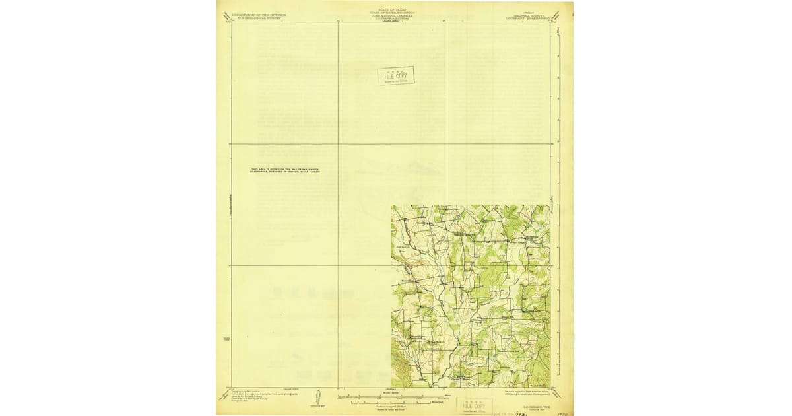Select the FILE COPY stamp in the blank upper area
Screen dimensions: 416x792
click(396, 76)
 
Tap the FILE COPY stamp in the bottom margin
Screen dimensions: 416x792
click(474, 405)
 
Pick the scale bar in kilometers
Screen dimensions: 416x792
click(389, 401)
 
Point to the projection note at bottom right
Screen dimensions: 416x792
click(531, 394)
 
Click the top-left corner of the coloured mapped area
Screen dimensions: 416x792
click(392, 206)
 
